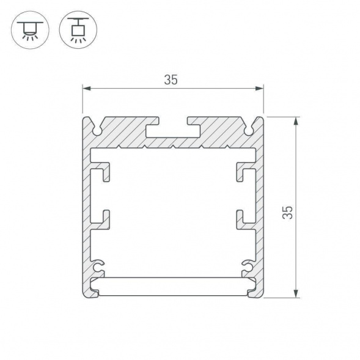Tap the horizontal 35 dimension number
(x=172, y=80)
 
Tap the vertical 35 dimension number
(x=288, y=212)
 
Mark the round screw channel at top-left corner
(x=98, y=129)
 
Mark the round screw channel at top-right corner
(x=249, y=129)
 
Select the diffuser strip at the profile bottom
(x=173, y=286)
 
